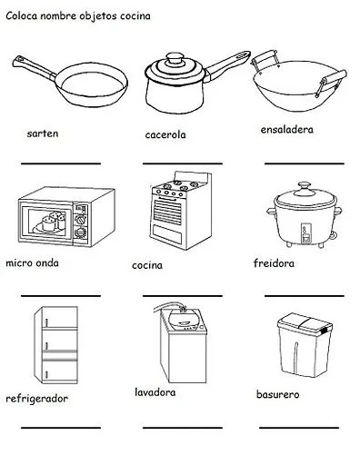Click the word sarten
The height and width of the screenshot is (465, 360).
(x=43, y=133)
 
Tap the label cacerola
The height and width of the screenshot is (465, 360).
(x=165, y=135)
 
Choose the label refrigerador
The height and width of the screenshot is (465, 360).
(x=37, y=398)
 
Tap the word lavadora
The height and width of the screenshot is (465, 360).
(x=155, y=392)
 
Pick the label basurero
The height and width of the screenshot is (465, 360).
(x=283, y=395)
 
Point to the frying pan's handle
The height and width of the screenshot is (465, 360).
(x=28, y=66)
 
